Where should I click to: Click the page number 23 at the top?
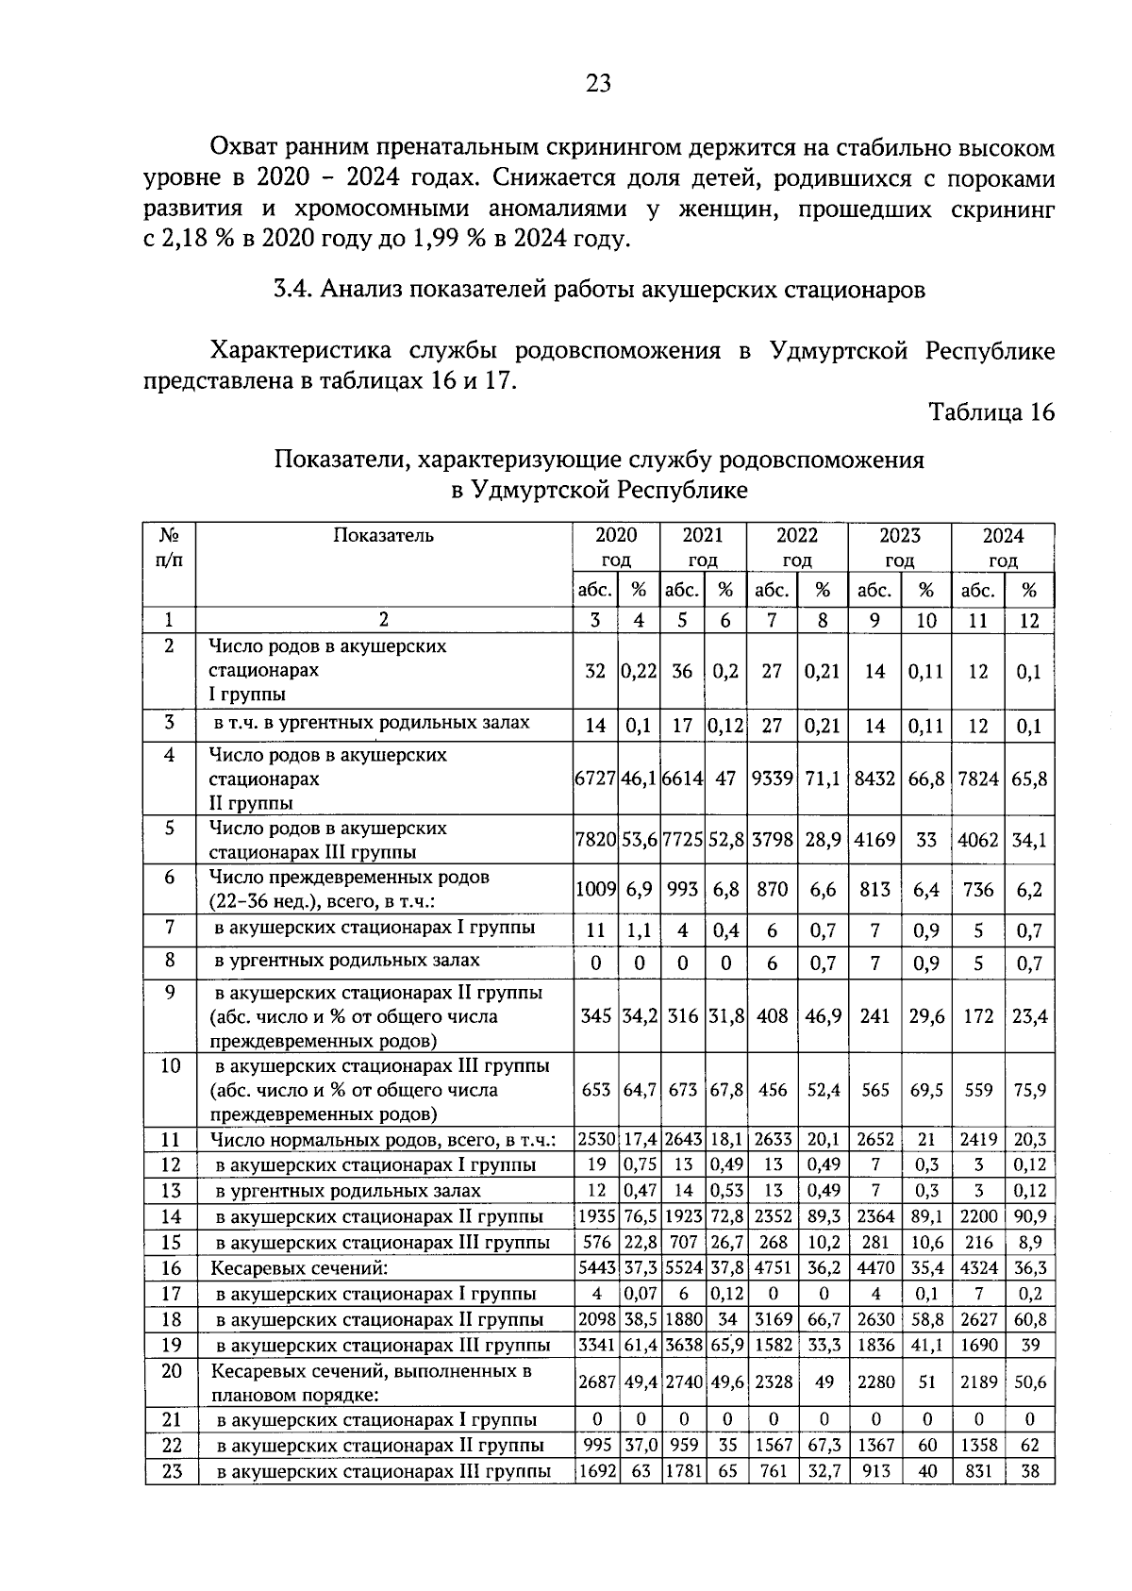(598, 84)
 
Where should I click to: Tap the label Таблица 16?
(990, 412)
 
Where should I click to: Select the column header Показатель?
(383, 536)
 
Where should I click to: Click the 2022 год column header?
(797, 547)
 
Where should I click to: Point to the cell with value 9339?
(773, 779)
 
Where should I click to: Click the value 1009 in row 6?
(595, 890)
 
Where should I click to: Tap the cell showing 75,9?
(1029, 1090)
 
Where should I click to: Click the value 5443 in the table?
(596, 1268)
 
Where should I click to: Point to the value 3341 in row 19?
(596, 1345)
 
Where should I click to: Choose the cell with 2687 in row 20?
(596, 1382)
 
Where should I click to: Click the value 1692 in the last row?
(596, 1470)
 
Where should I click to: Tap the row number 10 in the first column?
(170, 1066)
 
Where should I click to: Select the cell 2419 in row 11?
(978, 1140)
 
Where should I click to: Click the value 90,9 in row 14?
(1029, 1217)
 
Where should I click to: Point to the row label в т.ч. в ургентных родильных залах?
(372, 724)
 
